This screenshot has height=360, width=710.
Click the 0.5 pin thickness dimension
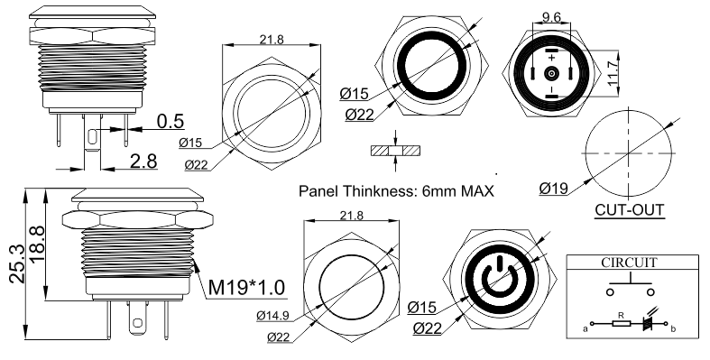tap(171, 122)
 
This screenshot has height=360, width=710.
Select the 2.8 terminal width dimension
tap(143, 162)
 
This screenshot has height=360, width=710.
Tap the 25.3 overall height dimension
tap(17, 263)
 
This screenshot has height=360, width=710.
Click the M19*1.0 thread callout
tap(246, 287)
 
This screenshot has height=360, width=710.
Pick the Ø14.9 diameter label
tap(272, 316)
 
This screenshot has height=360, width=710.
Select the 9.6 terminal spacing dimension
tap(551, 17)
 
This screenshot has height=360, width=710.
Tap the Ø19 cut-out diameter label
tap(553, 188)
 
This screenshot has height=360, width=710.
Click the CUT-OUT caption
tap(630, 210)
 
